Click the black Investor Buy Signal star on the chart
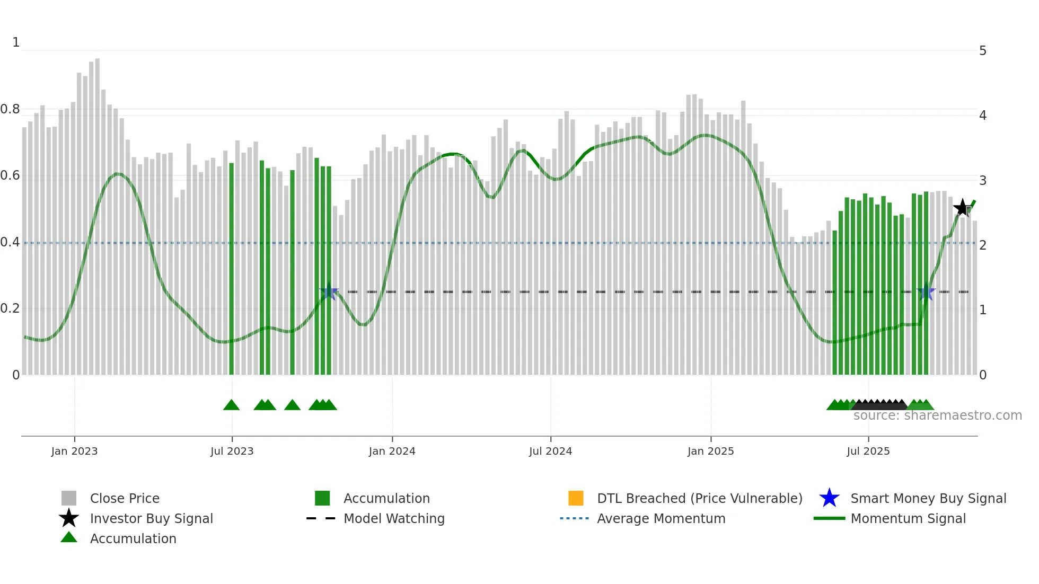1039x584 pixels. pyautogui.click(x=962, y=208)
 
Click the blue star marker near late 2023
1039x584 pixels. pyautogui.click(x=329, y=291)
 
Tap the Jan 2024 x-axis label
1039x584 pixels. pyautogui.click(x=392, y=451)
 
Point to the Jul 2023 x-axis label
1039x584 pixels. pyautogui.click(x=232, y=451)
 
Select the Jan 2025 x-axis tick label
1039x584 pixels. pyautogui.click(x=710, y=451)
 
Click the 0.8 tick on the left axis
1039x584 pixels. pyautogui.click(x=10, y=109)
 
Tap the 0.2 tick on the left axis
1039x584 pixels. pyautogui.click(x=10, y=308)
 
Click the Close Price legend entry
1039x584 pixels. pyautogui.click(x=124, y=498)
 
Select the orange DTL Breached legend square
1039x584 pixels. pyautogui.click(x=576, y=498)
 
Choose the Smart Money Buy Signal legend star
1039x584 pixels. pyautogui.click(x=829, y=498)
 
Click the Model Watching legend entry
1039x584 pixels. pyautogui.click(x=393, y=518)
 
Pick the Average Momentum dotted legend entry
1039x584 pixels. pyautogui.click(x=661, y=518)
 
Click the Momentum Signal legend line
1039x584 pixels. pyautogui.click(x=829, y=518)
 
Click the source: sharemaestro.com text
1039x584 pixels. pyautogui.click(x=937, y=415)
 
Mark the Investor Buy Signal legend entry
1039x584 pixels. pyautogui.click(x=151, y=518)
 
